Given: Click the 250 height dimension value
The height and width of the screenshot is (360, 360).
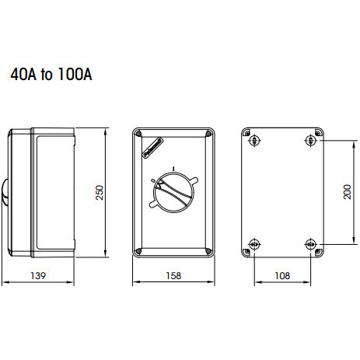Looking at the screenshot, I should (100, 192).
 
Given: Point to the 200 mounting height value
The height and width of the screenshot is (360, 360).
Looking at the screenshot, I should (348, 192).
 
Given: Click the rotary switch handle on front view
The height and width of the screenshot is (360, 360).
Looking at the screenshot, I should (176, 190).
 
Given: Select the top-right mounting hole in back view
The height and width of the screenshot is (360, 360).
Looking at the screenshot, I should (310, 140).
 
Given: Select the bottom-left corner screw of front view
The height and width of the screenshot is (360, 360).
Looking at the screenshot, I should (138, 250).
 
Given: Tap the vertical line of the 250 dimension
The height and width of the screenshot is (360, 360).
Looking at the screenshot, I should (106, 192).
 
